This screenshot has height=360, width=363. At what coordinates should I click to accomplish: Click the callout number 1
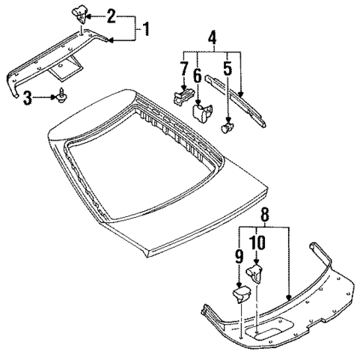(147, 30)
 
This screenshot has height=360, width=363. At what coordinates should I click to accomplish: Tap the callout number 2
(110, 15)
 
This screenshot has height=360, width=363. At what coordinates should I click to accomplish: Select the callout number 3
(27, 96)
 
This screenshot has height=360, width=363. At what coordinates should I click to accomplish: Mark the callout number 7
(182, 69)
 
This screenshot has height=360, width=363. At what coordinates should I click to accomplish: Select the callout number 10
(257, 242)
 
